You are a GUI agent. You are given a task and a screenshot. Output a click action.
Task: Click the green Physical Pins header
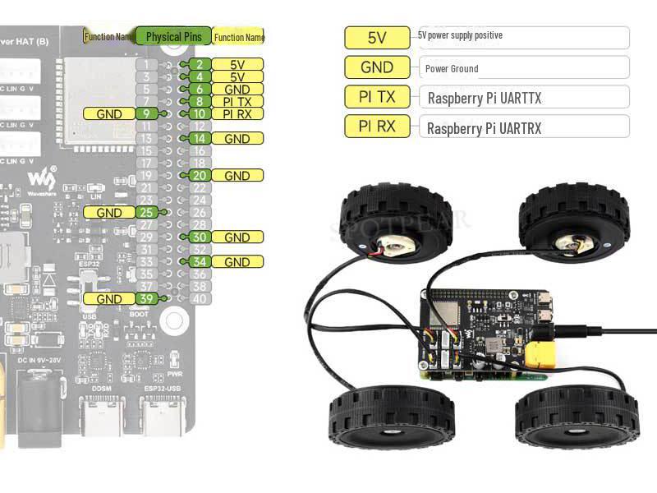click(x=173, y=36)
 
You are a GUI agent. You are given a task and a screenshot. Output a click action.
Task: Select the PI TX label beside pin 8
click(x=237, y=102)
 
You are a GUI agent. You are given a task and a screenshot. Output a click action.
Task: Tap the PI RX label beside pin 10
click(x=237, y=114)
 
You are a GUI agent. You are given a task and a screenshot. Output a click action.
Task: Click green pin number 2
click(x=199, y=65)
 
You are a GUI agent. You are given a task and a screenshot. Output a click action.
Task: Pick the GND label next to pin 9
click(x=109, y=114)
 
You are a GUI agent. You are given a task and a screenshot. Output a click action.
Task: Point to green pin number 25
click(x=146, y=213)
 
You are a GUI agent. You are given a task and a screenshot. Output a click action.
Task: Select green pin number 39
click(x=146, y=299)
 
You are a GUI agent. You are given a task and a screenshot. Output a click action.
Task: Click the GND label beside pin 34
click(x=237, y=262)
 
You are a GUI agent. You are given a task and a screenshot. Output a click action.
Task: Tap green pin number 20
click(x=199, y=176)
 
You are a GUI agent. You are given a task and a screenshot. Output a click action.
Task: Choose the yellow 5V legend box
click(x=377, y=38)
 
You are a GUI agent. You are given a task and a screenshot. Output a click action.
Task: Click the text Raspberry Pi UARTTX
click(x=484, y=99)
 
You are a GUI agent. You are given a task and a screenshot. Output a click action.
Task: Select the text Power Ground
click(x=452, y=69)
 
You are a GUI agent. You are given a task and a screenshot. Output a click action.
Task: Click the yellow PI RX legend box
click(x=377, y=127)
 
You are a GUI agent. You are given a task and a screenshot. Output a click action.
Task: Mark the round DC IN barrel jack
click(x=36, y=386)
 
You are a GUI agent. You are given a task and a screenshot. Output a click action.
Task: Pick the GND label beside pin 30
click(x=237, y=237)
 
